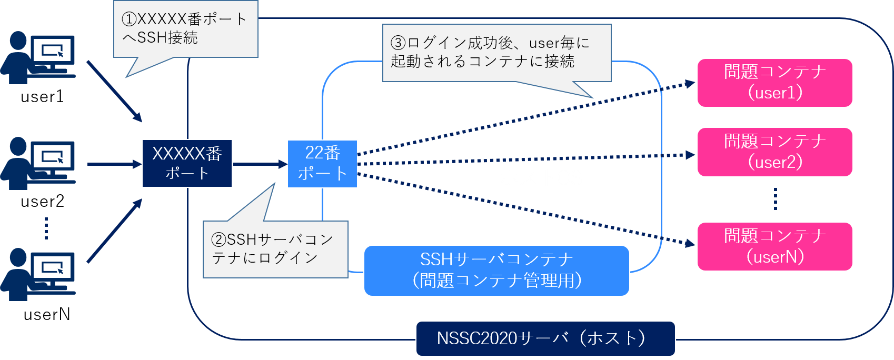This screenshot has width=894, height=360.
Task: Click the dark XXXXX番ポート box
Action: pyautogui.click(x=187, y=163)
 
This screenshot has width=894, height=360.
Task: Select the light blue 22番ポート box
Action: pyautogui.click(x=322, y=164)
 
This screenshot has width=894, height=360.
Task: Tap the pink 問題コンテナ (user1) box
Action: pyautogui.click(x=774, y=83)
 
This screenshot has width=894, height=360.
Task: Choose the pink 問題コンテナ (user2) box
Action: pyautogui.click(x=774, y=152)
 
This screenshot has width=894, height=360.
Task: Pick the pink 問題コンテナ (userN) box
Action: pyautogui.click(x=774, y=246)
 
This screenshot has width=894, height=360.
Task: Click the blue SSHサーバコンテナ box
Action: pyautogui.click(x=496, y=271)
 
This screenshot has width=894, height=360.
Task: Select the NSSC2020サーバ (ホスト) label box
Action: pyautogui.click(x=545, y=338)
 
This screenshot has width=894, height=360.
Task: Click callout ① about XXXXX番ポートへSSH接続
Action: pyautogui.click(x=185, y=29)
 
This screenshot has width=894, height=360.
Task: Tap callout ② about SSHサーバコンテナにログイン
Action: pyautogui.click(x=275, y=249)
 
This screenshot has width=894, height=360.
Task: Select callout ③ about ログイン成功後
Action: pyautogui.click(x=496, y=53)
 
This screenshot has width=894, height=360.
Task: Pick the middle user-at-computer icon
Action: pyautogui.click(x=38, y=163)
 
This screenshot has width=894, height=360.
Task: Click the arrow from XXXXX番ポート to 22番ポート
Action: pyautogui.click(x=260, y=164)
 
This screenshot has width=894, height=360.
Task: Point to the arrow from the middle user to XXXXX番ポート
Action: pyautogui.click(x=114, y=164)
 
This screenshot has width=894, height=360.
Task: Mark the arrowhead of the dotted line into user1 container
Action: pyautogui.click(x=689, y=84)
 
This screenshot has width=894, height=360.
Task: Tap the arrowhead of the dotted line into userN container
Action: pyautogui.click(x=689, y=243)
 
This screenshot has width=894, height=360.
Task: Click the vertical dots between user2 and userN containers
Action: pyautogui.click(x=775, y=199)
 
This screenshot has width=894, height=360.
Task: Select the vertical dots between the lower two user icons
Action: pyautogui.click(x=46, y=228)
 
